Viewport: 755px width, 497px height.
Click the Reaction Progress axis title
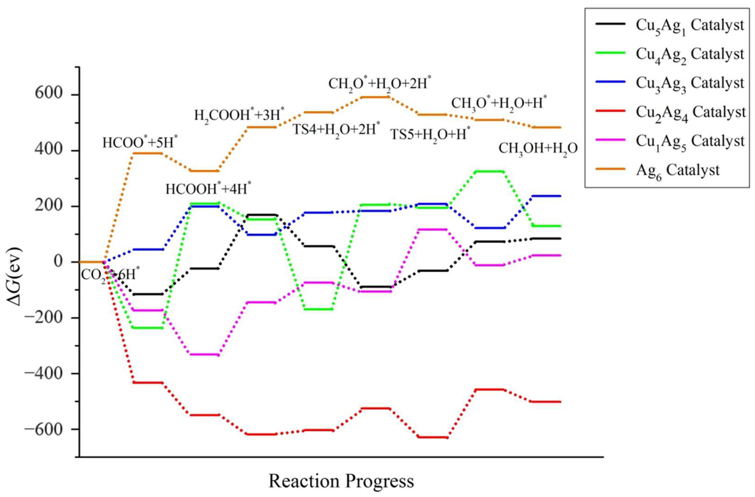point(341,481)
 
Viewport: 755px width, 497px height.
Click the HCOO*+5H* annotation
point(140,142)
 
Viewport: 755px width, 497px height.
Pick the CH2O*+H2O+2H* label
point(379,83)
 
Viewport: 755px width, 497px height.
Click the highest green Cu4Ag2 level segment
point(489,171)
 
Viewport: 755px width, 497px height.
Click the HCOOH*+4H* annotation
point(208,189)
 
